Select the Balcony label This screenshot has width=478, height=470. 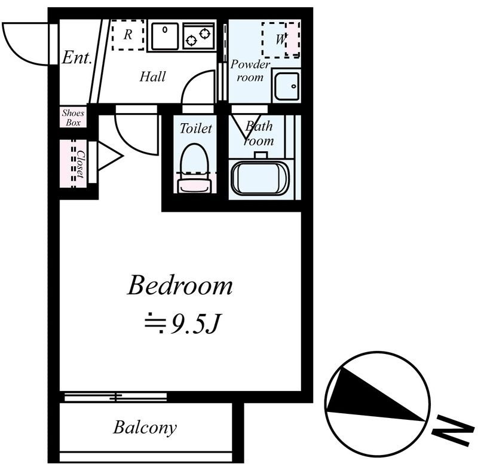pos(145,428)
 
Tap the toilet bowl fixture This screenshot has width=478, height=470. pos(195,169)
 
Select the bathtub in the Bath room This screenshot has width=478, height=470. pos(260,178)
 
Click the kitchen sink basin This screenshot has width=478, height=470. pos(165,36)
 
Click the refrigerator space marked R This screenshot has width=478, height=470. pos(128,35)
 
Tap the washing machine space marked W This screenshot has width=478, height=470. pos(280,39)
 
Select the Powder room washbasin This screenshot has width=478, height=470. pos(286,86)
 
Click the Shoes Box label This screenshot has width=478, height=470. pos(73,117)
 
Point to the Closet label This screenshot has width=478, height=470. pos(81,164)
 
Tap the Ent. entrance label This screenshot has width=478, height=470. pos(77,57)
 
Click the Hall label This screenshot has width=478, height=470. pos(152,77)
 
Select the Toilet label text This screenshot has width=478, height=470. pos(195,129)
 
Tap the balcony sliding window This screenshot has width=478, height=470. pos(115,397)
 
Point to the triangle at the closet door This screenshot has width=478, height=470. pos(110,156)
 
